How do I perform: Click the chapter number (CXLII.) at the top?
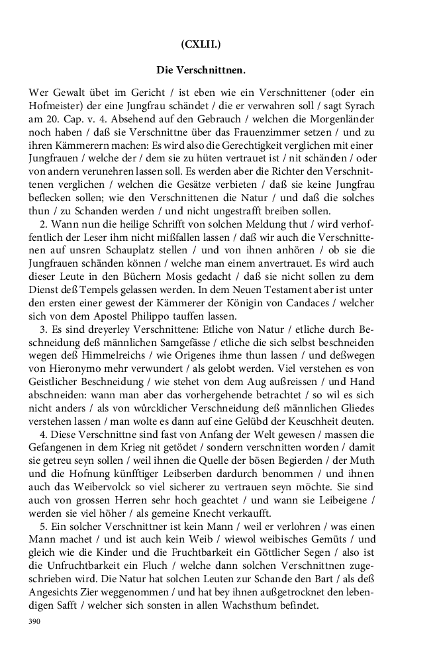(201, 44)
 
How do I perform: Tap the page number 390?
(35, 622)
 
